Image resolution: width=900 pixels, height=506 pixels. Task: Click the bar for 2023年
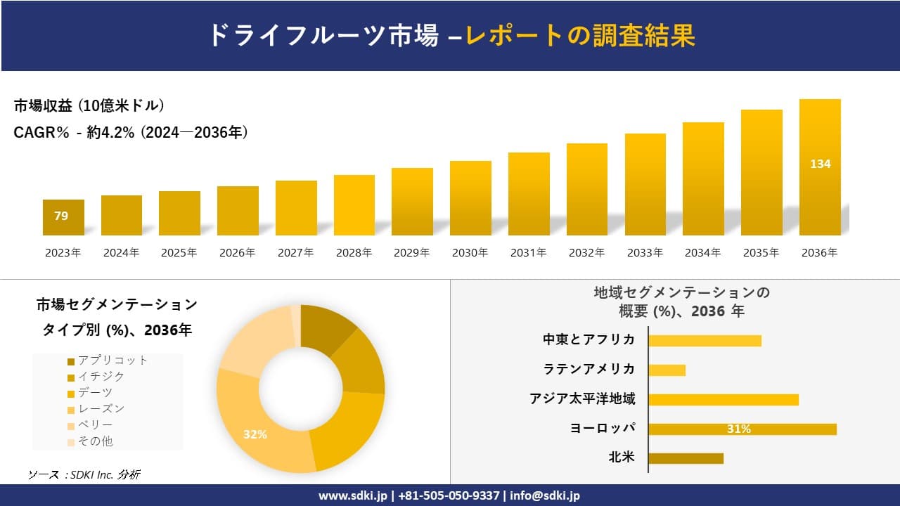[x=63, y=218]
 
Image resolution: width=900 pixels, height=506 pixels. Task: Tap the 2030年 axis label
[x=470, y=253]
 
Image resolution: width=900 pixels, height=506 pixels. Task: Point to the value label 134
[x=820, y=164]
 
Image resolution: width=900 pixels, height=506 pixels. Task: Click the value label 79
[x=61, y=216]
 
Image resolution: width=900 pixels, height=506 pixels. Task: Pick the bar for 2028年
[x=354, y=205]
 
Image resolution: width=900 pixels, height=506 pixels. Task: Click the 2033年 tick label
[x=644, y=253]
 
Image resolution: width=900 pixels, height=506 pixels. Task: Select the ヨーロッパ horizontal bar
[x=742, y=429]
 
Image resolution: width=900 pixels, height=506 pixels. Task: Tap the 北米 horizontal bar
[x=686, y=458]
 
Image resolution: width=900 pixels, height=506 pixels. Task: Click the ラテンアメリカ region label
[x=589, y=369]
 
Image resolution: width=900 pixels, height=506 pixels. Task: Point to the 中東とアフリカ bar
[x=705, y=340]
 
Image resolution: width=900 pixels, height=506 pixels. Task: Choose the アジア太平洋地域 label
[x=582, y=399]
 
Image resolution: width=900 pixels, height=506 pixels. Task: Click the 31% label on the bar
[x=738, y=429]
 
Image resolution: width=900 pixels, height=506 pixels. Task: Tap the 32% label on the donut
[x=255, y=434]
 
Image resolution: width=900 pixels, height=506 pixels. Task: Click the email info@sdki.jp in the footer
[x=546, y=495]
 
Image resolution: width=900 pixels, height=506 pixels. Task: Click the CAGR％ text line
[x=131, y=132]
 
